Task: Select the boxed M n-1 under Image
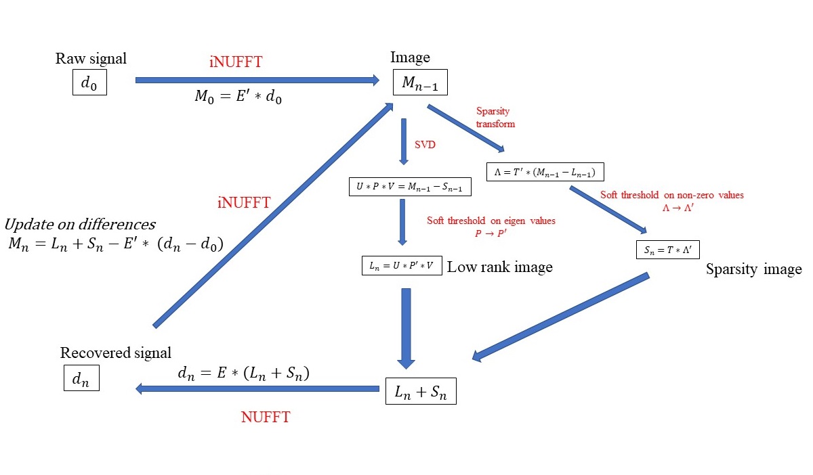420,83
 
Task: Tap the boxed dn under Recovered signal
81,379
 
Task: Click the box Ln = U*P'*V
402,266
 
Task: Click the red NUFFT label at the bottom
266,417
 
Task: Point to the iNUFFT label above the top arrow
236,62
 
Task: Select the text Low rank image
500,267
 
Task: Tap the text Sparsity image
753,269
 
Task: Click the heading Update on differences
80,225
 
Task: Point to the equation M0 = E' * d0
238,97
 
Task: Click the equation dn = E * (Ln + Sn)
243,373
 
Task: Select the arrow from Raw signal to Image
257,80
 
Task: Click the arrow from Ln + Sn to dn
257,388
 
